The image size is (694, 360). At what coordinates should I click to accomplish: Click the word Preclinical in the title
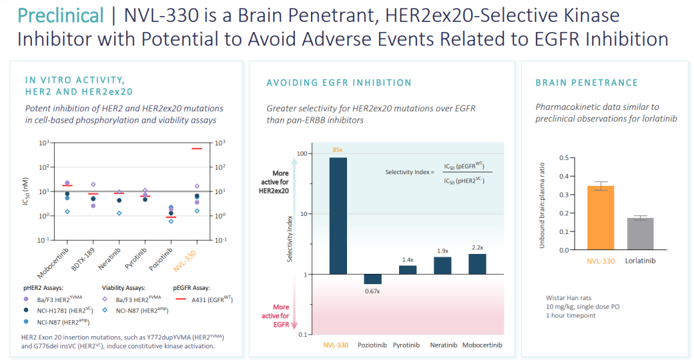pyautogui.click(x=60, y=15)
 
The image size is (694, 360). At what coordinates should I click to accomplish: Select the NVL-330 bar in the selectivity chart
pyautogui.click(x=338, y=215)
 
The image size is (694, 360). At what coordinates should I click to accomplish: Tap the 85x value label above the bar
pyautogui.click(x=337, y=150)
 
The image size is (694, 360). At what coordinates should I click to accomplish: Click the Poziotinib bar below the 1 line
pyautogui.click(x=373, y=279)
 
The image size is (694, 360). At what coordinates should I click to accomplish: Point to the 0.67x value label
pyautogui.click(x=373, y=291)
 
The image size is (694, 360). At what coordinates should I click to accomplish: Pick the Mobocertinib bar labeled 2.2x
pyautogui.click(x=477, y=264)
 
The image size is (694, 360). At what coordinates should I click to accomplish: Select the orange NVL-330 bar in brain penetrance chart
pyautogui.click(x=600, y=218)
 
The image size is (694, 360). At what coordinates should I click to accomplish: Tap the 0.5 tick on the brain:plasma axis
pyautogui.click(x=564, y=157)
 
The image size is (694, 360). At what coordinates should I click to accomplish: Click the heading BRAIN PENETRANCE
pyautogui.click(x=587, y=82)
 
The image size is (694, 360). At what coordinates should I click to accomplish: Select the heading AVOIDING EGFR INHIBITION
pyautogui.click(x=339, y=82)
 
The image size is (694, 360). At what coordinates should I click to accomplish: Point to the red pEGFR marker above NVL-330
pyautogui.click(x=197, y=148)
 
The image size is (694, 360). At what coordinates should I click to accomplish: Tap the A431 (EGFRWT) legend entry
pyautogui.click(x=200, y=300)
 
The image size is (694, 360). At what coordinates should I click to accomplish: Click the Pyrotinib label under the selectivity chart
pyautogui.click(x=407, y=345)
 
